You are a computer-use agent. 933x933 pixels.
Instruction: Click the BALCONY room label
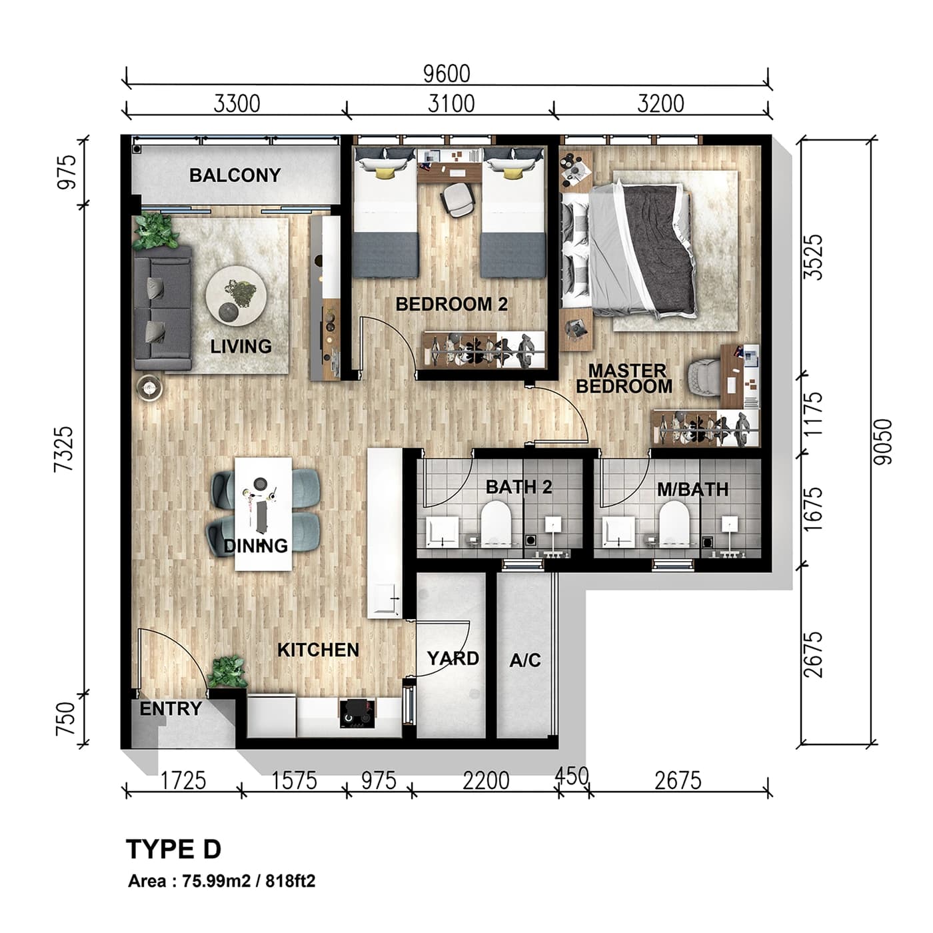click(235, 175)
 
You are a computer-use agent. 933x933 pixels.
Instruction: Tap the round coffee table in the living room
click(236, 295)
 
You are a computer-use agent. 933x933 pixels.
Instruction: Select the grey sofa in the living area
click(163, 308)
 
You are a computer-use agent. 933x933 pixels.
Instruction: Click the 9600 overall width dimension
click(447, 73)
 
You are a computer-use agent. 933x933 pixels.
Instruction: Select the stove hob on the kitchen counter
click(358, 713)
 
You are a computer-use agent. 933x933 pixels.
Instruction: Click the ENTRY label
click(171, 708)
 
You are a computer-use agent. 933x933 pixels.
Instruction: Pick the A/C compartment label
click(525, 660)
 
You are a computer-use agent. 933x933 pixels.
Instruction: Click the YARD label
click(453, 658)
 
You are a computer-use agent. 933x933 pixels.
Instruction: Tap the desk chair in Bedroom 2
click(459, 199)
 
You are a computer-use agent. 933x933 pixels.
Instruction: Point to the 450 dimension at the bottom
click(572, 776)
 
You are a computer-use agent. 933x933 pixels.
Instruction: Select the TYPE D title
click(173, 850)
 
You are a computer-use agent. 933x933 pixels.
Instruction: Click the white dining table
click(264, 513)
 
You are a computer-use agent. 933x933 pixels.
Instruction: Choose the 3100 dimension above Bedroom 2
click(451, 104)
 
